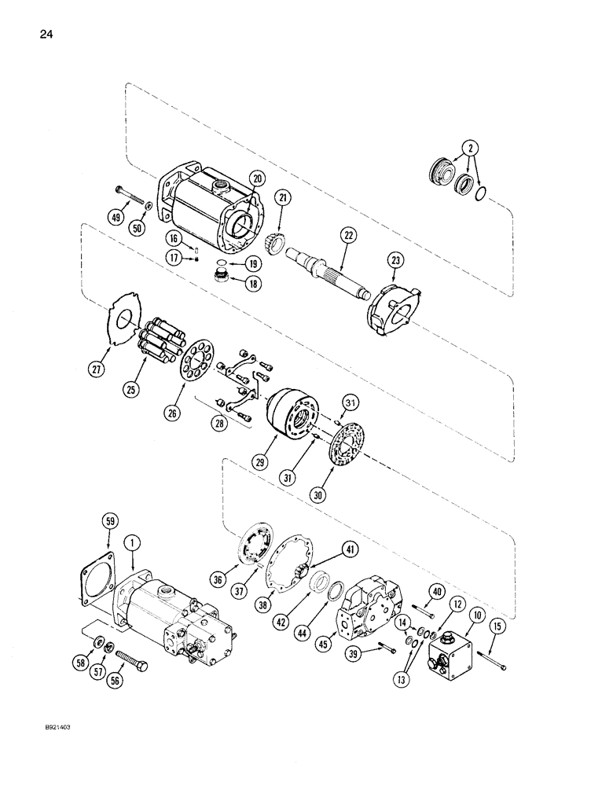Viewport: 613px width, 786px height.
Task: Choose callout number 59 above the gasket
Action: coord(110,520)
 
